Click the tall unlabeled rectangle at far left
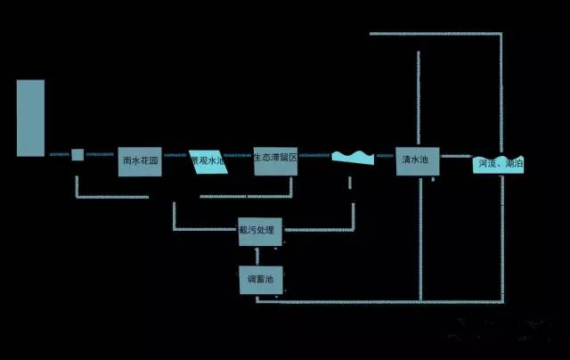click(30, 118)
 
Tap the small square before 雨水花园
click(77, 155)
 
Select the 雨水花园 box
click(140, 161)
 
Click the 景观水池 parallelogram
click(208, 161)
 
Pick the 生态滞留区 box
click(274, 160)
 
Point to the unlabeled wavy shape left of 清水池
click(353, 159)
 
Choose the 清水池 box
click(415, 160)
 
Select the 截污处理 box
click(260, 231)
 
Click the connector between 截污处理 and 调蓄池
click(259, 255)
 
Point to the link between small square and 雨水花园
click(101, 155)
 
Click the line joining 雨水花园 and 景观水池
click(175, 155)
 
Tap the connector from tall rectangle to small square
click(57, 155)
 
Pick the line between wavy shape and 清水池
click(386, 155)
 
